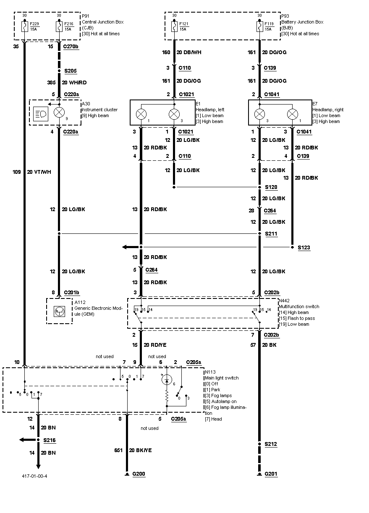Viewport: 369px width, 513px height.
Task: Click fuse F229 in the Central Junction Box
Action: tap(24, 27)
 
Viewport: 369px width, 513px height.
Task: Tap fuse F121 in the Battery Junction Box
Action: tap(174, 27)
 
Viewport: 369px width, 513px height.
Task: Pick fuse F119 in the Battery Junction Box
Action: tap(259, 27)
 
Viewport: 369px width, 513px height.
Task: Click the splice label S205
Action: tap(71, 71)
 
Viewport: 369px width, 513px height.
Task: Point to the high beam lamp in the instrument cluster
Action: tap(60, 112)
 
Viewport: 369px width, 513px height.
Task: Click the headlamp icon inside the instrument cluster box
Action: tap(41, 113)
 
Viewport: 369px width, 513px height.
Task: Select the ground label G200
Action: tap(139, 474)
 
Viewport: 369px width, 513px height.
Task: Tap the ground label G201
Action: tap(271, 474)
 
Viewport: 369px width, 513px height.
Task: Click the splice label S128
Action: tap(271, 187)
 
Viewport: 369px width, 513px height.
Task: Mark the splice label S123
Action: tap(304, 248)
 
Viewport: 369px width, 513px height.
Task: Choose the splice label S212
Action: tap(271, 444)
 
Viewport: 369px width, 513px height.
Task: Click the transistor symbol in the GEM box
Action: tap(59, 311)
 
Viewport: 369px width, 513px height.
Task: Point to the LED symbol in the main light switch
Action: tap(166, 380)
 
